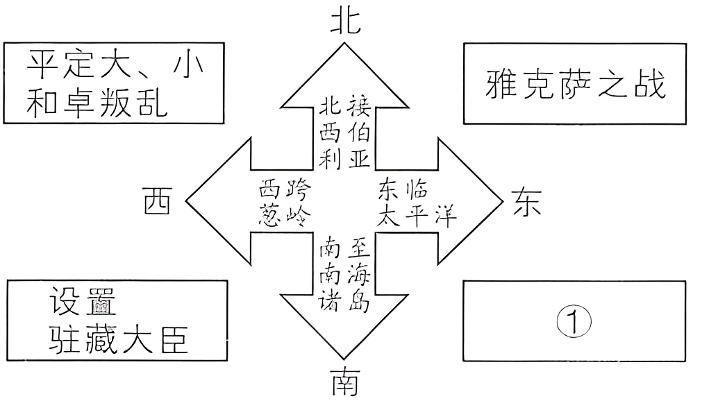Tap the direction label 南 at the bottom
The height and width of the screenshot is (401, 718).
click(345, 382)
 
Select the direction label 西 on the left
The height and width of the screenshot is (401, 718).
click(158, 201)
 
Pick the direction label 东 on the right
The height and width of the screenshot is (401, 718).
click(528, 201)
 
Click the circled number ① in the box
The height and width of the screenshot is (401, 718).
click(574, 321)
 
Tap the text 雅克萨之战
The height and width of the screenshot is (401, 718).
click(575, 85)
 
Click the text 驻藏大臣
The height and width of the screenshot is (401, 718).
click(118, 340)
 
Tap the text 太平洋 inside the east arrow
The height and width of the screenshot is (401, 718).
click(417, 216)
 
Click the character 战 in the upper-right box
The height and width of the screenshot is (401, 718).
click(651, 85)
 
